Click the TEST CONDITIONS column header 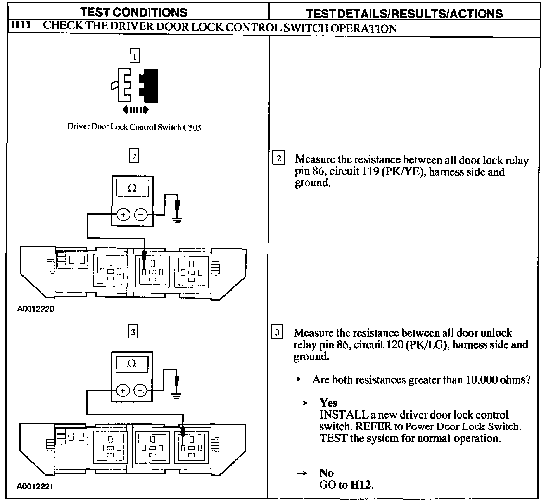[135, 12]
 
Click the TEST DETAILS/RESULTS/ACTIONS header [404, 14]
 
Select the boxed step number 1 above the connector [134, 57]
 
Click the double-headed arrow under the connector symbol [135, 110]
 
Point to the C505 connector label [192, 127]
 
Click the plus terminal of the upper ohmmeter [123, 214]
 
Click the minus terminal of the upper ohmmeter [140, 214]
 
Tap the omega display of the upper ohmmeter [132, 189]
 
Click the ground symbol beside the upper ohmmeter [178, 220]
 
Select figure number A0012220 [36, 309]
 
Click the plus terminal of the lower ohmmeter [123, 390]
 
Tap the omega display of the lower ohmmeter [132, 364]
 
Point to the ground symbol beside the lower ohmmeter [176, 396]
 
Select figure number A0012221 [35, 486]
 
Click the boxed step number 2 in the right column [278, 159]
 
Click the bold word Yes [328, 403]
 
